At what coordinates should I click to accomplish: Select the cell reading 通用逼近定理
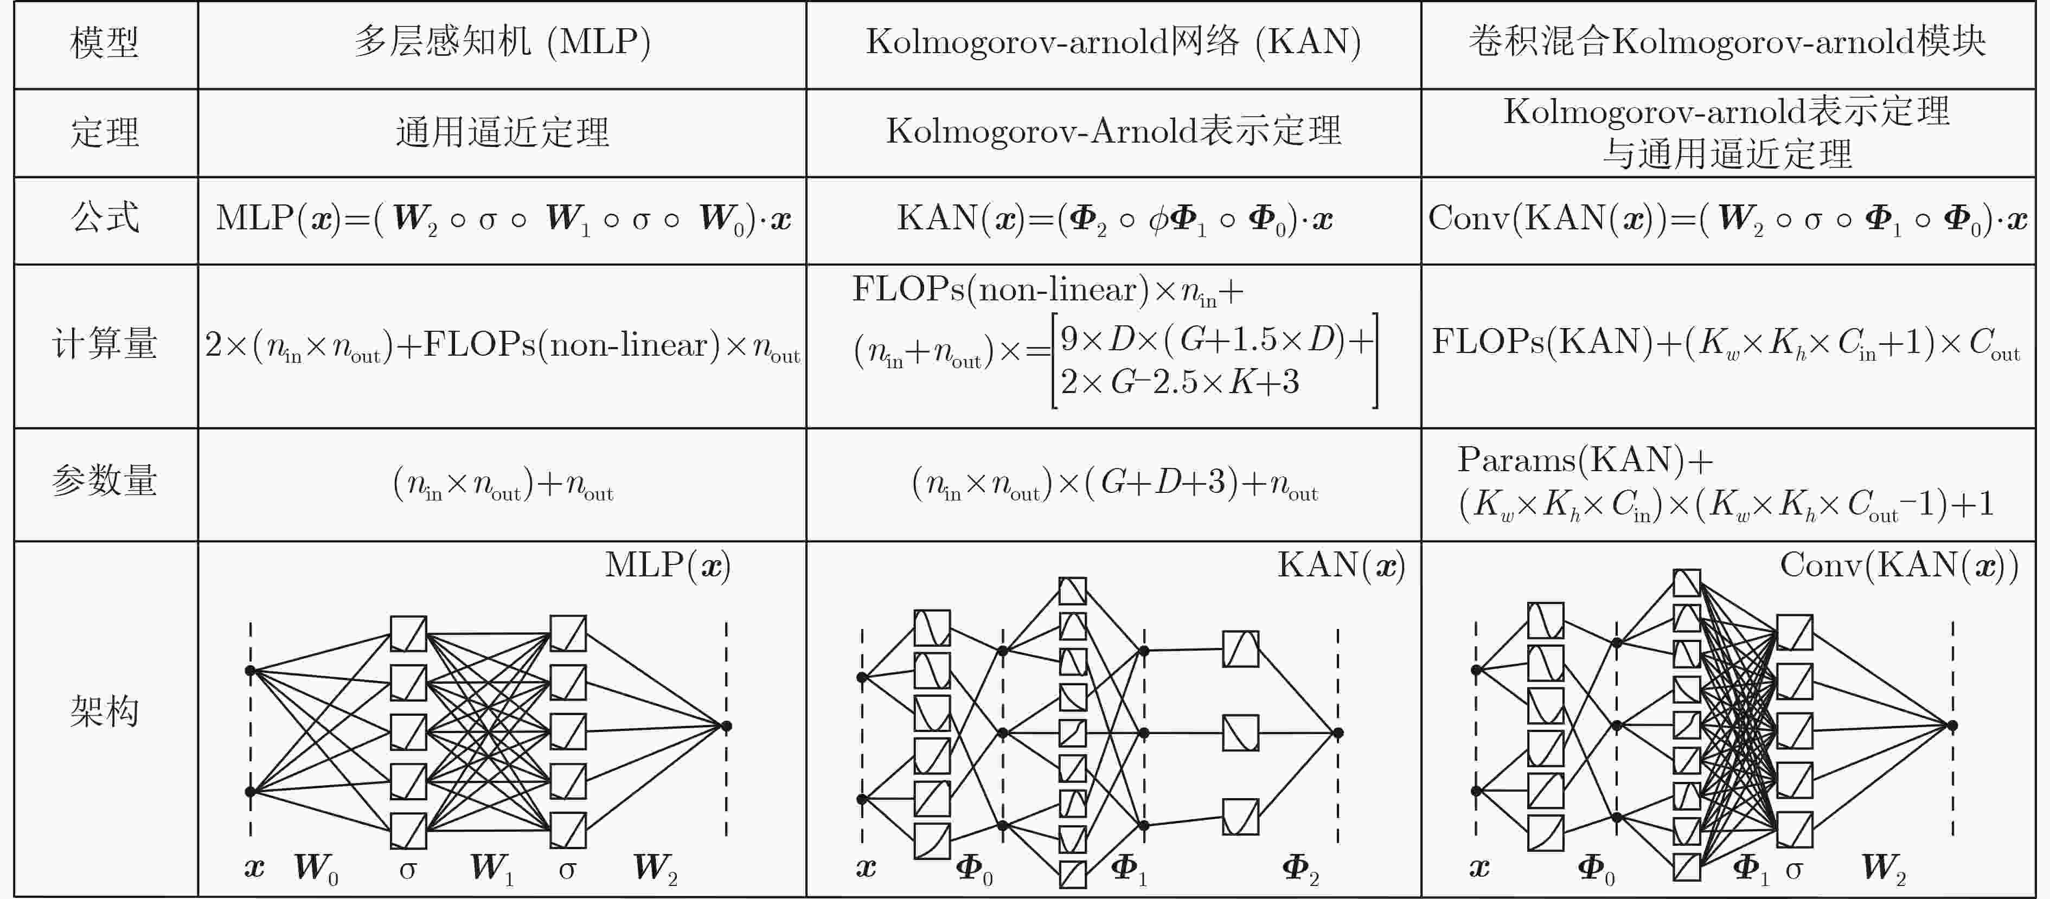502,132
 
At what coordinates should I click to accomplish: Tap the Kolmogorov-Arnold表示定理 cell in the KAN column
1113,131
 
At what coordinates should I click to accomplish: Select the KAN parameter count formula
1114,484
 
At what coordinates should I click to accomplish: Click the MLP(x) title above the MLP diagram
668,566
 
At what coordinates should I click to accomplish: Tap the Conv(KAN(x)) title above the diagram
1899,566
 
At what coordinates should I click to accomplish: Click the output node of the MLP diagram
726,725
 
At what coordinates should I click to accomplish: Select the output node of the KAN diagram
1338,733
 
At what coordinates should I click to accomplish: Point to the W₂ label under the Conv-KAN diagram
1884,869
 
